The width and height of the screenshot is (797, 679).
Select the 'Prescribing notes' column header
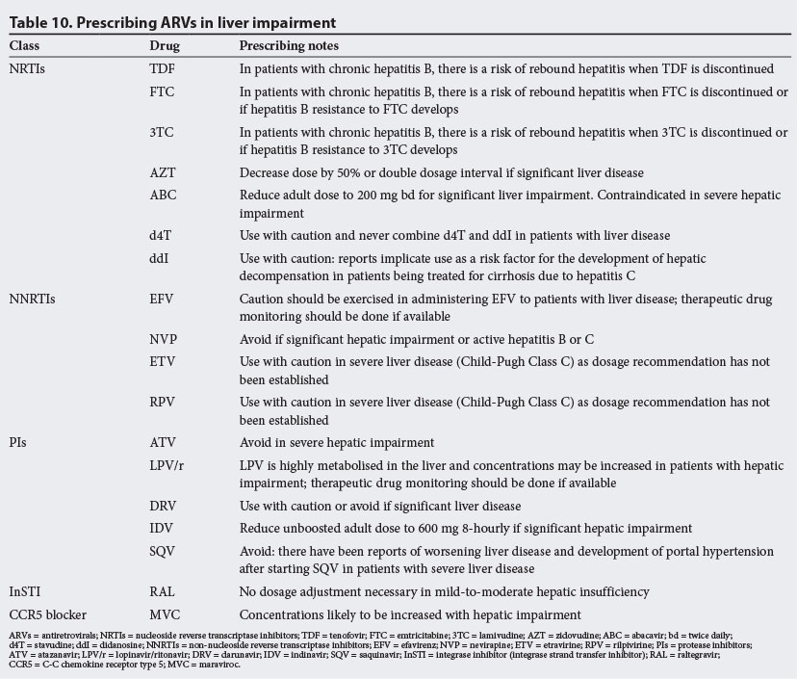coord(288,46)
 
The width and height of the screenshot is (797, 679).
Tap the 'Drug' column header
coord(165,46)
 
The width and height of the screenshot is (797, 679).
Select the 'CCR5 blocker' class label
coord(45,615)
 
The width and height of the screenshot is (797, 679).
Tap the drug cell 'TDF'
coord(163,68)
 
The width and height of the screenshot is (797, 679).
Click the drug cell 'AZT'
coord(163,172)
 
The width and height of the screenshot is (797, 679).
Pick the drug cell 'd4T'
coord(161,236)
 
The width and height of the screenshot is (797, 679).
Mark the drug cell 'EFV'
coord(163,300)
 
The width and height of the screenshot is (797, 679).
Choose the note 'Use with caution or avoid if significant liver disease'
coord(380,507)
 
